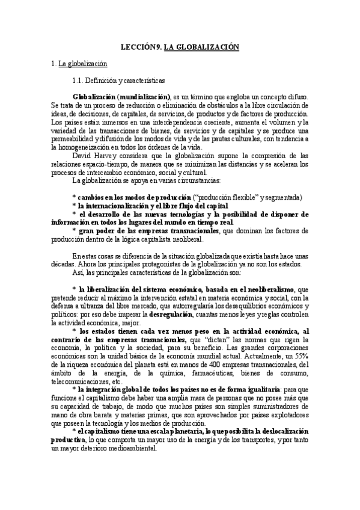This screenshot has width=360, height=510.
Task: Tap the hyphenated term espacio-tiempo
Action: pos(105,162)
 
